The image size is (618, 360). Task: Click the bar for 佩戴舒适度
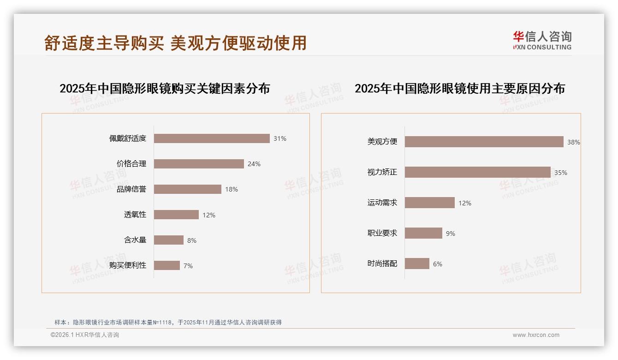click(212, 138)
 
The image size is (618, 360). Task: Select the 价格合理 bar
click(199, 164)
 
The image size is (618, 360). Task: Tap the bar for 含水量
click(169, 240)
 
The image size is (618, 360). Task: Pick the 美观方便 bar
click(484, 142)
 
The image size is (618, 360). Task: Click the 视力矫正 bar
click(478, 172)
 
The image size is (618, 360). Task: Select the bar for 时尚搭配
click(417, 264)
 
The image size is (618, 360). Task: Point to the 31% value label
click(280, 138)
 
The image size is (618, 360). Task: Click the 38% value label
click(573, 143)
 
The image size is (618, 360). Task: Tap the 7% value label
click(188, 266)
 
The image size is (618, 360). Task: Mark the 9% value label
click(451, 234)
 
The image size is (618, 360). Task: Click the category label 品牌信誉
click(131, 189)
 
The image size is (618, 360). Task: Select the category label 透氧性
click(135, 215)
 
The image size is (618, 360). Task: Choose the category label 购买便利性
click(128, 265)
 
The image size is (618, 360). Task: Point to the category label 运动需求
click(382, 203)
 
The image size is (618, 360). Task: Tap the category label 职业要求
click(382, 233)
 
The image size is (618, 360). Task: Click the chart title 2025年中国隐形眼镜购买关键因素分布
click(165, 89)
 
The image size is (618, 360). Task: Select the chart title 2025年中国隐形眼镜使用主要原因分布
click(460, 89)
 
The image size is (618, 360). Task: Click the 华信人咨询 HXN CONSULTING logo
click(542, 41)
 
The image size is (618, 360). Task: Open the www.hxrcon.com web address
click(536, 335)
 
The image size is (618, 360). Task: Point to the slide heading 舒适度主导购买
click(104, 43)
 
